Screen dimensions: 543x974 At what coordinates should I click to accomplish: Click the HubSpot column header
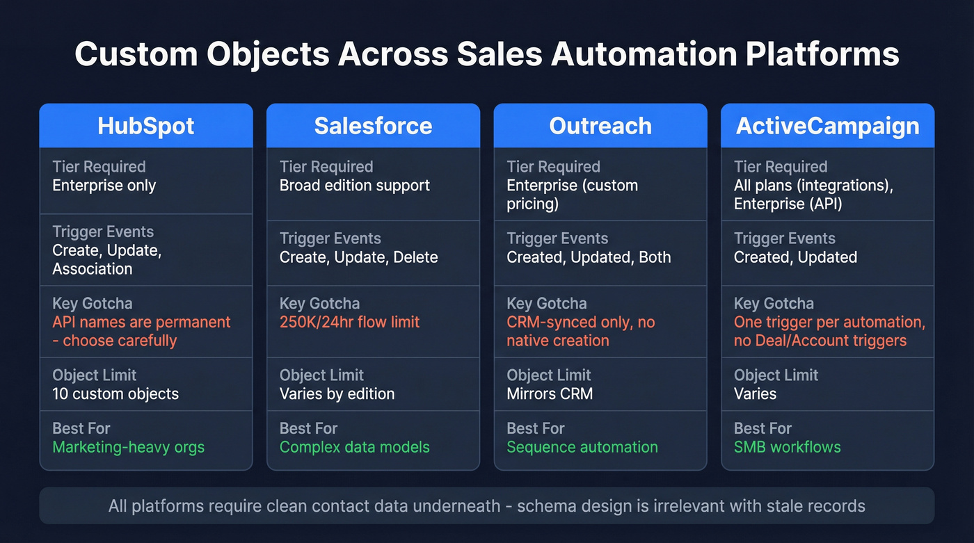(146, 126)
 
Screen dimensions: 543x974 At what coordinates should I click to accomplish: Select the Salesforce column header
(373, 126)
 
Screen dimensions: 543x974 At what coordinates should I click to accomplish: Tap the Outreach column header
(600, 126)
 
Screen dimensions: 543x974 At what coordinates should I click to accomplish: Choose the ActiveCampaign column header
(828, 126)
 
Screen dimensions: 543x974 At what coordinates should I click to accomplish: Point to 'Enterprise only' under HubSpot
(104, 186)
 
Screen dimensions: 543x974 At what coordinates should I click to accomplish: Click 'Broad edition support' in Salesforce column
(355, 186)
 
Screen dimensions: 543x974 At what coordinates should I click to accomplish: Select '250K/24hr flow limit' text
(349, 322)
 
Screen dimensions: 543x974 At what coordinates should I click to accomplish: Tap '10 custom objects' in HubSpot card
(115, 394)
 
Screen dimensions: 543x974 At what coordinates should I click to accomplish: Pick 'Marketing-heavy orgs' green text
(129, 447)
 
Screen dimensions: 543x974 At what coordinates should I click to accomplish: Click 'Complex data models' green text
(355, 447)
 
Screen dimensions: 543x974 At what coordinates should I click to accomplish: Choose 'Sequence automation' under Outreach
(582, 447)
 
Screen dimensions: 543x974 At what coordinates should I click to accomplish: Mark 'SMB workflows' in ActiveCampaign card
(788, 447)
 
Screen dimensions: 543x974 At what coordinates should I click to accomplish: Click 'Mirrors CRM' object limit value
(550, 394)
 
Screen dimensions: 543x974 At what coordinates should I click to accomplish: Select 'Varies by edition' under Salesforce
(337, 394)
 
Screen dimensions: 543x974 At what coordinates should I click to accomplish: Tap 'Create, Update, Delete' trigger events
(359, 257)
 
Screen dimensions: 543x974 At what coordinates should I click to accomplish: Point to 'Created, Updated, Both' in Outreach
(589, 257)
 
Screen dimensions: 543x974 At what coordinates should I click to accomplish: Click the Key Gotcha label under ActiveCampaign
(774, 303)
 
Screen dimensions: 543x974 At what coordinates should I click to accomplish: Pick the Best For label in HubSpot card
(81, 428)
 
